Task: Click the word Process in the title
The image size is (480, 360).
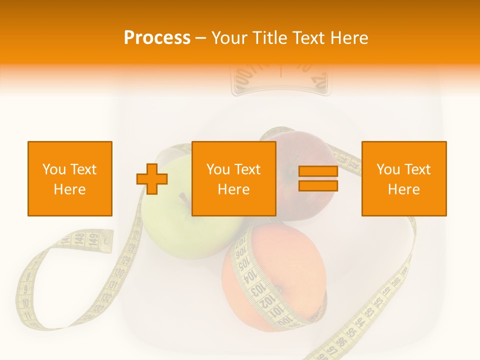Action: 157,38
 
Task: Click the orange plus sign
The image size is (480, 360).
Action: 152,179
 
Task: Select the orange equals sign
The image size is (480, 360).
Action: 318,179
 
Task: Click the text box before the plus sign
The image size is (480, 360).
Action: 70,179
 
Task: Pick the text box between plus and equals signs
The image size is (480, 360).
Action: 233,179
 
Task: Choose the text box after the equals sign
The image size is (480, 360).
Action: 403,179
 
